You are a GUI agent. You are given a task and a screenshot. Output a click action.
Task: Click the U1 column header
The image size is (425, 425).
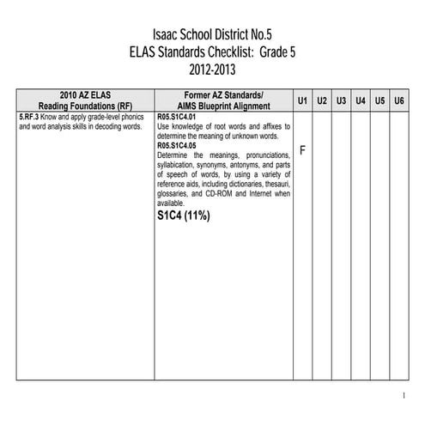[x=302, y=101]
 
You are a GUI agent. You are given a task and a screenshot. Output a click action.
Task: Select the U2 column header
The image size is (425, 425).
[x=322, y=101]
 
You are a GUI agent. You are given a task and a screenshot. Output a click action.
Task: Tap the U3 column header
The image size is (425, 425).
[x=341, y=101]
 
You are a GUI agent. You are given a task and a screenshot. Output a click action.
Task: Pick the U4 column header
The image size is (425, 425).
[x=361, y=101]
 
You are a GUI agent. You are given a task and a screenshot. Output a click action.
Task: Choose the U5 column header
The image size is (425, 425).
[x=379, y=101]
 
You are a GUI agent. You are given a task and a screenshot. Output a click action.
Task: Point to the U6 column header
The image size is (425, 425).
[x=398, y=101]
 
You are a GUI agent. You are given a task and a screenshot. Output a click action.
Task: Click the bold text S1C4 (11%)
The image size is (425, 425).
[x=184, y=216]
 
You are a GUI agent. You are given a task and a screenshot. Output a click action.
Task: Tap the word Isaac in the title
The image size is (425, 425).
[x=168, y=35]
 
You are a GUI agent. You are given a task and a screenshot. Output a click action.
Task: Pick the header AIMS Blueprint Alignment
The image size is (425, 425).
[x=223, y=106]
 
